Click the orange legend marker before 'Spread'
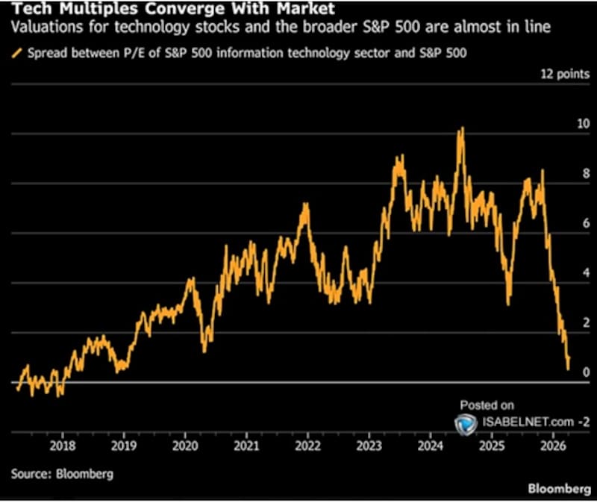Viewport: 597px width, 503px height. (x=16, y=54)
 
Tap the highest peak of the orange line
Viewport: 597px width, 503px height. (x=462, y=128)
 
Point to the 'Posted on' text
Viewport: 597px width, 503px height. (x=487, y=405)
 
